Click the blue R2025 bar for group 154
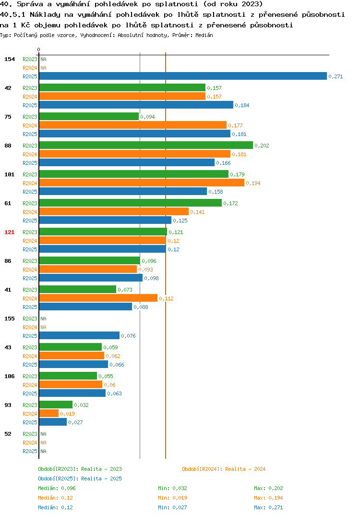[183, 76]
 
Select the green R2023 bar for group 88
[146, 146]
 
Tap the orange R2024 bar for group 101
[142, 183]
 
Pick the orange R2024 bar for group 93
[48, 413]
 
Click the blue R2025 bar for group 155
[79, 336]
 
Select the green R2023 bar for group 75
[89, 116]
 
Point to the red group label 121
[10, 232]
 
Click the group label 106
[10, 376]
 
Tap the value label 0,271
[336, 76]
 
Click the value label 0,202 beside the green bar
[262, 146]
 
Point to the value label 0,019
[67, 414]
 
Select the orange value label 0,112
[167, 298]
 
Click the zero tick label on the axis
[38, 49]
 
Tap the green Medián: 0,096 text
[57, 488]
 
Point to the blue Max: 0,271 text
[268, 507]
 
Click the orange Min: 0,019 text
[172, 498]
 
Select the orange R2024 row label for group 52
[30, 442]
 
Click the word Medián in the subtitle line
[204, 35]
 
